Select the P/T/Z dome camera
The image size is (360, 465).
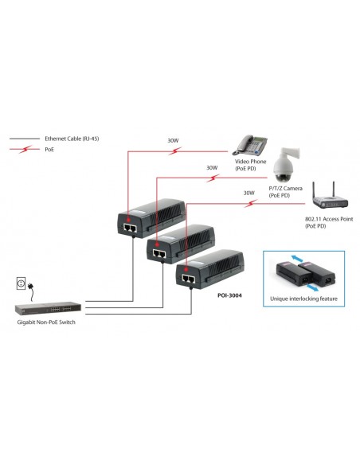click(284, 166)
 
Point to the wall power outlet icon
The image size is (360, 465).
click(22, 284)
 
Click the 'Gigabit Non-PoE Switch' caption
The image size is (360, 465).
click(51, 323)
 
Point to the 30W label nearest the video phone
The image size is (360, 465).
click(173, 141)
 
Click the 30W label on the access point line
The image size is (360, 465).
click(248, 192)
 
